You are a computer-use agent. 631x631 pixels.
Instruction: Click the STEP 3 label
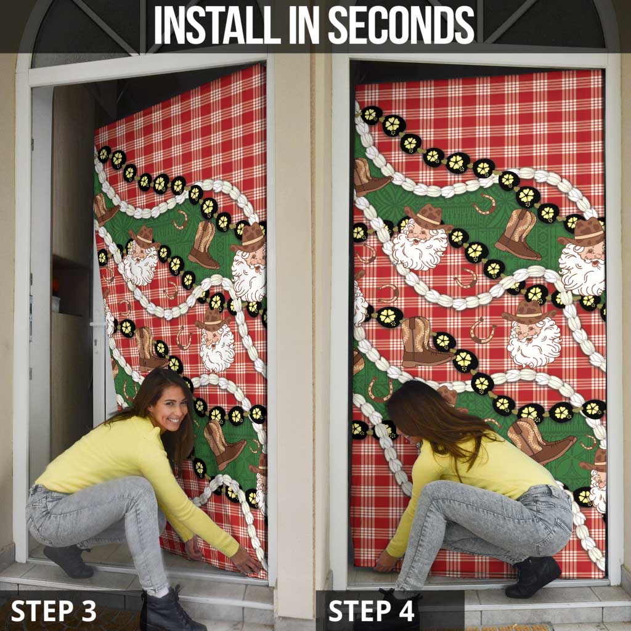[x=54, y=610]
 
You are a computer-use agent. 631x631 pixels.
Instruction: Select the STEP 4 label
[x=372, y=611]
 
